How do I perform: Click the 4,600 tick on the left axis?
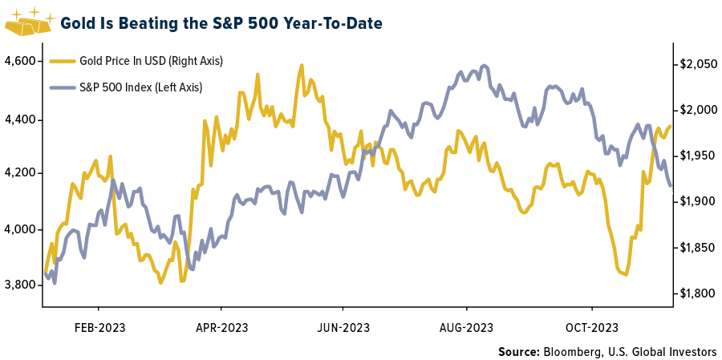point(19,61)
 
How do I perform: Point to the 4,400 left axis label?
point(19,119)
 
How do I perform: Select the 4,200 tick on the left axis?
point(19,172)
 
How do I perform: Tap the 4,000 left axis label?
point(19,229)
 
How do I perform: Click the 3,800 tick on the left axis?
point(19,285)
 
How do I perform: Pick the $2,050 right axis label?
point(697,64)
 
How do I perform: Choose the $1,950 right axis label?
point(697,156)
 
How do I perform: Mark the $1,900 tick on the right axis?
point(697,201)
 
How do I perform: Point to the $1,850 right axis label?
point(697,249)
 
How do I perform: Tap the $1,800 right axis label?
point(697,294)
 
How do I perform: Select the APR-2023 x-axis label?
point(221,327)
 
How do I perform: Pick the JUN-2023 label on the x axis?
point(343,327)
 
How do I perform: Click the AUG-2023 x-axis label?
point(466,327)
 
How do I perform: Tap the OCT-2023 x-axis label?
point(591,327)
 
